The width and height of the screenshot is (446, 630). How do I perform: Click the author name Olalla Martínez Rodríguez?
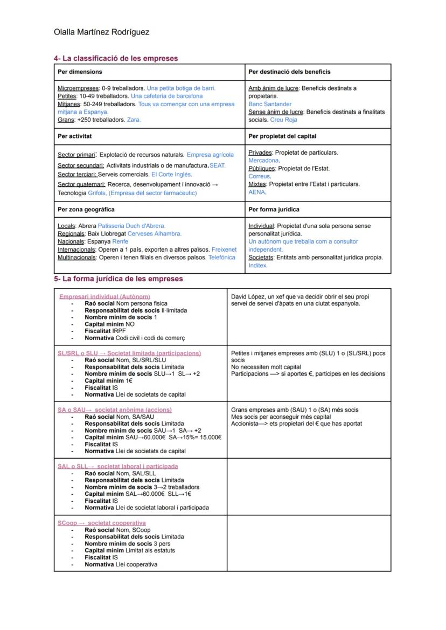(102, 32)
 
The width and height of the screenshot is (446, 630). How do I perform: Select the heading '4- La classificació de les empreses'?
(116, 58)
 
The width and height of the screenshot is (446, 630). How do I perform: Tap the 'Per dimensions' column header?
(80, 72)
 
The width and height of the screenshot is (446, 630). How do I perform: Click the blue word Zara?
(134, 120)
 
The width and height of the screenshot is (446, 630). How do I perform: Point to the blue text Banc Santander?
(270, 104)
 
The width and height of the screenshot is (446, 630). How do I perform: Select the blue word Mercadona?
(263, 161)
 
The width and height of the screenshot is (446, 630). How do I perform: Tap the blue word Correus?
(259, 176)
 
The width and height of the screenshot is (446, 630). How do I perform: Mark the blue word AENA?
(257, 192)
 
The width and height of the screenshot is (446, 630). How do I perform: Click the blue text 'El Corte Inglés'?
(171, 175)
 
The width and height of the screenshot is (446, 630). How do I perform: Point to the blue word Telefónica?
(221, 258)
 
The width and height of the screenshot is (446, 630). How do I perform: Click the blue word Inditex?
(257, 265)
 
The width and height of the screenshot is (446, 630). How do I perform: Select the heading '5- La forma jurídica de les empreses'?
(118, 279)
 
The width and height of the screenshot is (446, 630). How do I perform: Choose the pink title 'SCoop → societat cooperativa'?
(102, 523)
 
